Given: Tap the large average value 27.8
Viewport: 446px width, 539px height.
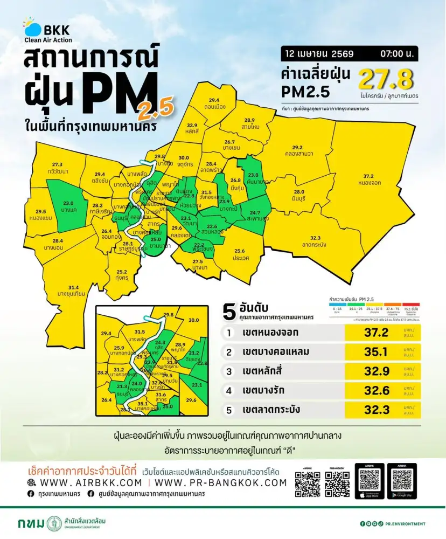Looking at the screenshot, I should (x=386, y=80).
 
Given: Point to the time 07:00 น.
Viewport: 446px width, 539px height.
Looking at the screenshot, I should (x=396, y=54).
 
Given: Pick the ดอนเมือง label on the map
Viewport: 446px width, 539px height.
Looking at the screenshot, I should (x=214, y=103).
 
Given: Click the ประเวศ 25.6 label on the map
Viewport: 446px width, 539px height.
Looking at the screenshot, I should (x=240, y=254).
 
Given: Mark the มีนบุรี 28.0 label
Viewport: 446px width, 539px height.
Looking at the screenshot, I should (x=299, y=195).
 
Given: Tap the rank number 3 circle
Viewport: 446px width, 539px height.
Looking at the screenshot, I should (x=229, y=371).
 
